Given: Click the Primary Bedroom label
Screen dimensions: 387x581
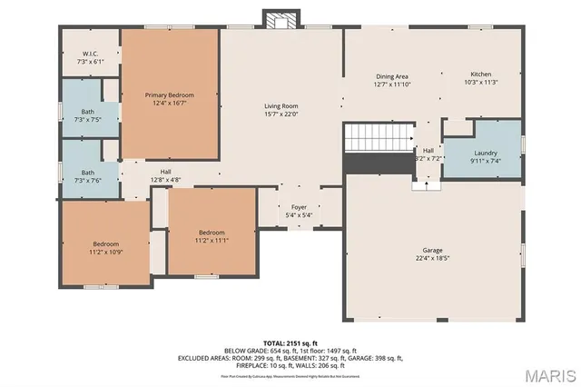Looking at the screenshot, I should point(169,94).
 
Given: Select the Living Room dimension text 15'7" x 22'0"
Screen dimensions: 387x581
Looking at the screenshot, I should point(281,114).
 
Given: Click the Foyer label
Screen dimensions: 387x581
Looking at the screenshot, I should point(300,207).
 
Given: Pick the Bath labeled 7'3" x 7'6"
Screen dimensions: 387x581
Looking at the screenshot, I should point(87,175).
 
